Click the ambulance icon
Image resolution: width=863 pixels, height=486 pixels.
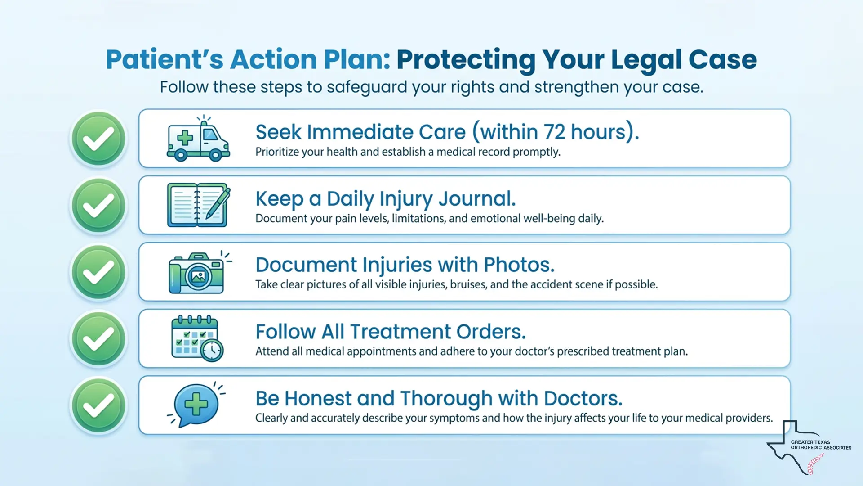click(198, 139)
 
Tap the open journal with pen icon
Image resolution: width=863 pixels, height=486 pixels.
click(198, 205)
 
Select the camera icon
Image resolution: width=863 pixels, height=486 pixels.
click(197, 273)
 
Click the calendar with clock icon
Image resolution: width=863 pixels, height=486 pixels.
click(197, 338)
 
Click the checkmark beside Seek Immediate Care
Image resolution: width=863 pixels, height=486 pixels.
click(98, 139)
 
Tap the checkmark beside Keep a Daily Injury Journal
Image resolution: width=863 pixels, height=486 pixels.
click(98, 205)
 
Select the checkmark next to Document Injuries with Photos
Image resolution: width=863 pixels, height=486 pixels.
click(98, 272)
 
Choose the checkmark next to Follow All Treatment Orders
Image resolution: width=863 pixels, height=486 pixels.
click(98, 338)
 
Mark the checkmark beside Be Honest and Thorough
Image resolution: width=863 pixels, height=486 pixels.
click(98, 405)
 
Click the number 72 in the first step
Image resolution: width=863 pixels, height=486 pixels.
click(554, 132)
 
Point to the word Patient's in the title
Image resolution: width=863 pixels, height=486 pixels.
click(164, 59)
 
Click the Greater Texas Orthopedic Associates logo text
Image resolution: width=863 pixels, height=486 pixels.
click(820, 445)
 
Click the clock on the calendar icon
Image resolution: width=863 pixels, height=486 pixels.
click(212, 350)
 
